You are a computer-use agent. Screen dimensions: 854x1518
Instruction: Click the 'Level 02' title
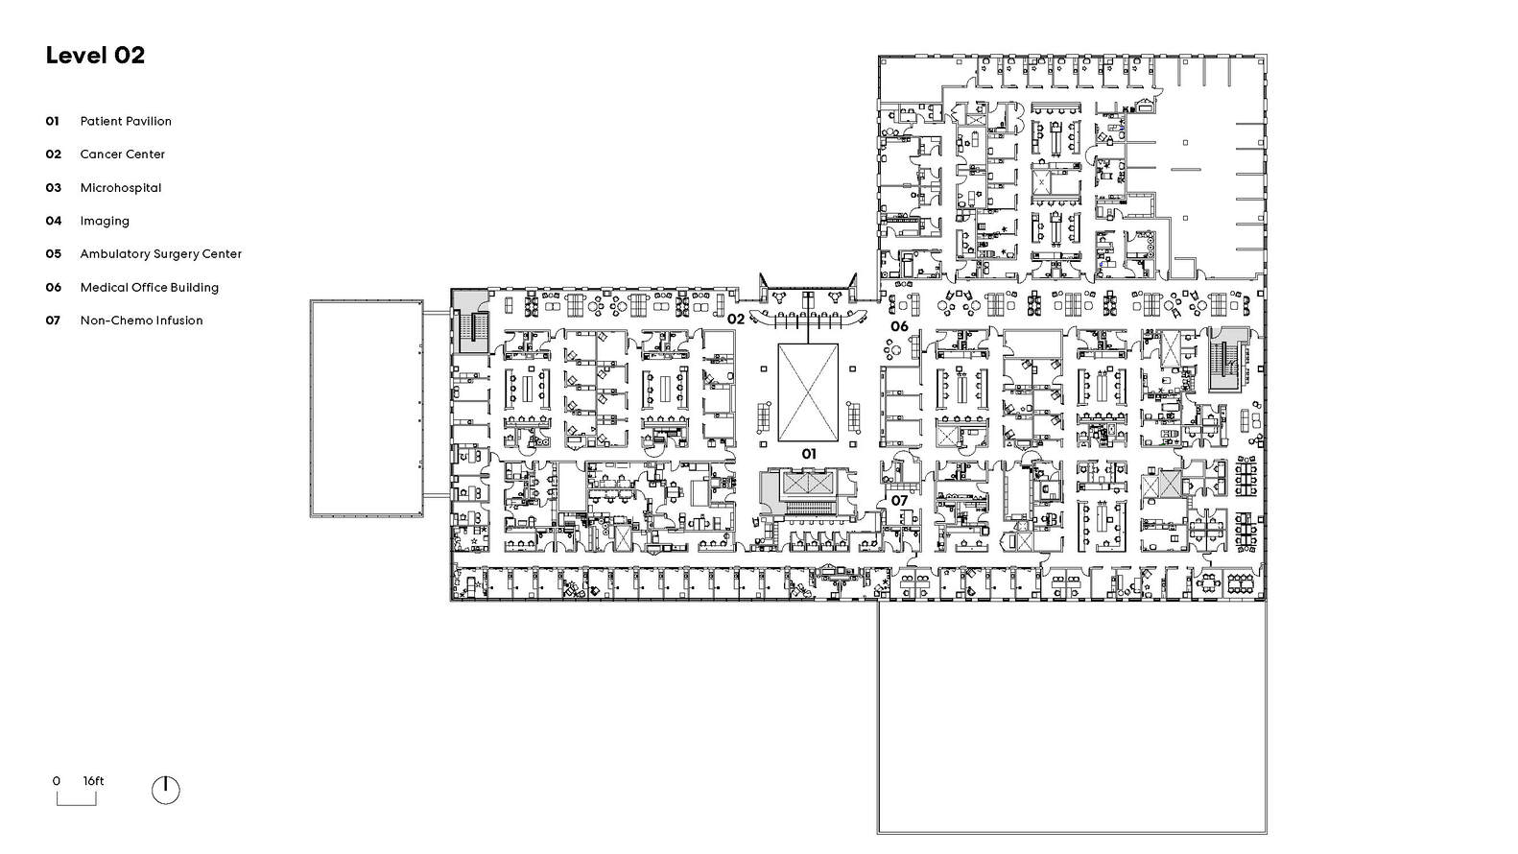tap(95, 56)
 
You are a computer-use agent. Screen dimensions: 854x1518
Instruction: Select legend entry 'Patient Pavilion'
tap(126, 121)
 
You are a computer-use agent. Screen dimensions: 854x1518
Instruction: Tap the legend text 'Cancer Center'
tap(122, 154)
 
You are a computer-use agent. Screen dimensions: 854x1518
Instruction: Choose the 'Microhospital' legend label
tap(120, 188)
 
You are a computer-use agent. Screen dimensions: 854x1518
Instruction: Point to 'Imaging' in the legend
tap(105, 221)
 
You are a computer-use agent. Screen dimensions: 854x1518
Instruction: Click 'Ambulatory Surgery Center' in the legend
tap(160, 254)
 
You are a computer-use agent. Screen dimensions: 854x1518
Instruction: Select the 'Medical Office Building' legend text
tap(149, 288)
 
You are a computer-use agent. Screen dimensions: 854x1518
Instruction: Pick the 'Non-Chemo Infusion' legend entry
tap(141, 320)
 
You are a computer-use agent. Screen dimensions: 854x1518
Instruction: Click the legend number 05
tap(54, 254)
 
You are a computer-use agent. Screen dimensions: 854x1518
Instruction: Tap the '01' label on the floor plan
tap(809, 453)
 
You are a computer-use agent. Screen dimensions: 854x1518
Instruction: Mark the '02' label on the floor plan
tap(736, 319)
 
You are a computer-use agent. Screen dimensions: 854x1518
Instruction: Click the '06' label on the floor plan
tap(899, 326)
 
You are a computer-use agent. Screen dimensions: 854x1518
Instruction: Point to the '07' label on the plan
tap(899, 501)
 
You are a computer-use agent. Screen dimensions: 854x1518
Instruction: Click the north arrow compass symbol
tap(165, 790)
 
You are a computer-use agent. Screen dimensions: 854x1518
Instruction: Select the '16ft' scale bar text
tap(93, 781)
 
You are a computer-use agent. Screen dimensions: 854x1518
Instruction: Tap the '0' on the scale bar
tap(57, 781)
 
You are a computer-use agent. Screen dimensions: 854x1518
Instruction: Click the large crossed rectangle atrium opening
tap(808, 391)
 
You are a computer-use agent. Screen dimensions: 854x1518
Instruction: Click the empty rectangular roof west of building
tap(366, 408)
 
